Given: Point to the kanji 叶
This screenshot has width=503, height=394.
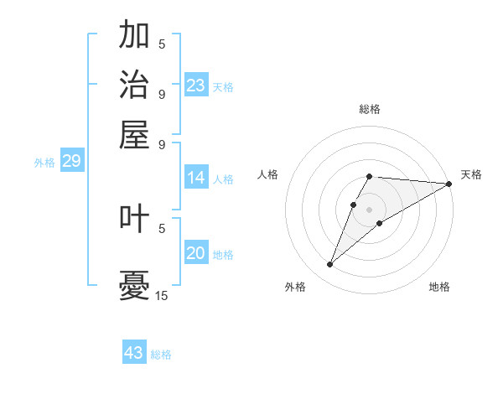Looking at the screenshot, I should [x=134, y=219].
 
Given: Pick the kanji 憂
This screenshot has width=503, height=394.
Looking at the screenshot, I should [x=134, y=285].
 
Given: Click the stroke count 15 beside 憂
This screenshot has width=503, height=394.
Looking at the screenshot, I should [x=162, y=295].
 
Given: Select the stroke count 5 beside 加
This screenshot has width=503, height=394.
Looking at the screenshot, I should [x=162, y=44].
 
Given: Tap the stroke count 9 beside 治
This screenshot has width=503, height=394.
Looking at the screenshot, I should [x=162, y=94].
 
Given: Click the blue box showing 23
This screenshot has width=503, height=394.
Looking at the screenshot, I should [x=196, y=85].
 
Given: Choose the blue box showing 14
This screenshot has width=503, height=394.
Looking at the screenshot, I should [x=196, y=178].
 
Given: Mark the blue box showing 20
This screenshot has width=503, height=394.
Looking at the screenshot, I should [x=196, y=253].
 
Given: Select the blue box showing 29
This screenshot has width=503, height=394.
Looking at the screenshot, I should [x=71, y=161].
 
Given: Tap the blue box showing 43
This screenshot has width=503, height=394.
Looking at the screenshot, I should [x=134, y=353].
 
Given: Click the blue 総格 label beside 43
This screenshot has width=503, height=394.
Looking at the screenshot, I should [x=161, y=355].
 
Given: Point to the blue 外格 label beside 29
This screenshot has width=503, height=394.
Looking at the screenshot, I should [x=44, y=163].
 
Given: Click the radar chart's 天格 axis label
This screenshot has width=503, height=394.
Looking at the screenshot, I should [x=471, y=174].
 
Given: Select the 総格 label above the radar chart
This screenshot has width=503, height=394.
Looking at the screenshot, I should [x=370, y=109].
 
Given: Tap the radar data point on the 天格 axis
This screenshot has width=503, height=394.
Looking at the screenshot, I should [x=449, y=184].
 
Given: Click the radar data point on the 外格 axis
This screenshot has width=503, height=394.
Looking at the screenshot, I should [x=329, y=265].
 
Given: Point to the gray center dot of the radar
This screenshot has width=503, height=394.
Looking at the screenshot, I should [x=370, y=208].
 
